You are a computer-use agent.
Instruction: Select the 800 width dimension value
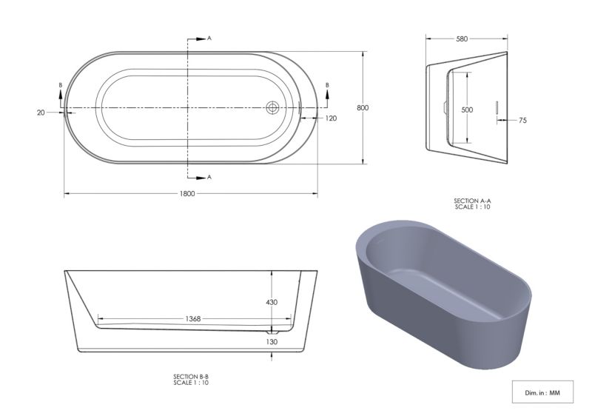tap(363, 108)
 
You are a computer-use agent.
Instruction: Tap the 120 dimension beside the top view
tap(330, 118)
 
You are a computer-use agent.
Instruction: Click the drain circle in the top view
tap(272, 108)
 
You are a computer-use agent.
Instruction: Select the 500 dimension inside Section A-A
tap(467, 110)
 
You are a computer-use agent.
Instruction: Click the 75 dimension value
tap(522, 120)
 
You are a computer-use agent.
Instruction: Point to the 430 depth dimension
tap(271, 302)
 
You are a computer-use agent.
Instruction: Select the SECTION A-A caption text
tap(472, 201)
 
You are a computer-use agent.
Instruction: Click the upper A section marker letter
tap(209, 37)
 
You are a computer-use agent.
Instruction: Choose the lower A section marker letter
tap(209, 177)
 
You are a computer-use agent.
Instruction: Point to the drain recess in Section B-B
tap(272, 332)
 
